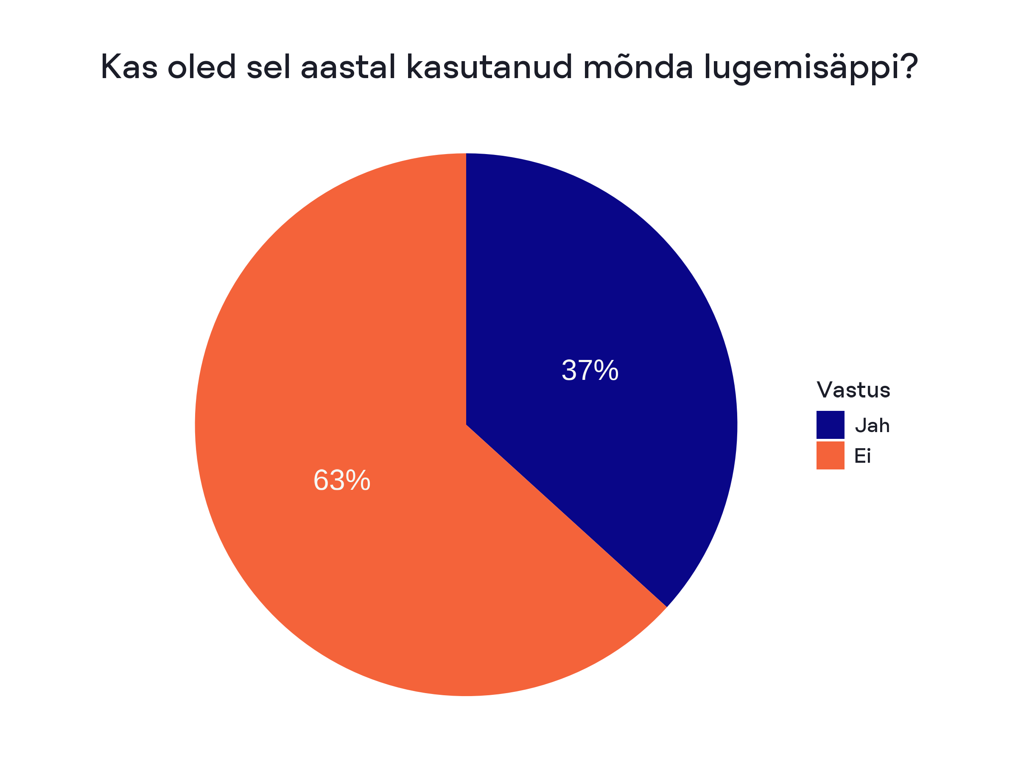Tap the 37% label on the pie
coord(590,370)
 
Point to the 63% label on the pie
coord(341,480)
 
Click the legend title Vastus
coord(853,390)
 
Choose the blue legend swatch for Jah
coord(830,424)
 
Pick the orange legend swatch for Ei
coord(830,455)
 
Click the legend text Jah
coord(872,426)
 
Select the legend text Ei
coord(862,456)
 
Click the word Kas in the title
coord(129,67)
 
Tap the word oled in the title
coord(201,67)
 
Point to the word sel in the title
coord(269,67)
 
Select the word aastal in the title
coord(348,67)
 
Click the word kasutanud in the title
coord(489,67)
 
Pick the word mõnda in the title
coord(638,67)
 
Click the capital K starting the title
coord(110,67)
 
